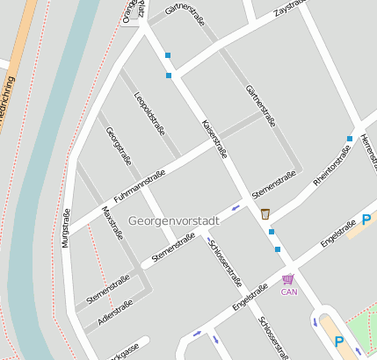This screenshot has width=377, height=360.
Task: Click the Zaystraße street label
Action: coord(291,10)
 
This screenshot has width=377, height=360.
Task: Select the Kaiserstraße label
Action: coord(215,138)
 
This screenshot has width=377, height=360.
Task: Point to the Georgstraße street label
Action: coord(119,148)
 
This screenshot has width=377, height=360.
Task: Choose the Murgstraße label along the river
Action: coord(66,244)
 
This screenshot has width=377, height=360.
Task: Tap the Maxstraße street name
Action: coord(112,223)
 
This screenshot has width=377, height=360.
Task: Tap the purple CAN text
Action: coord(289,292)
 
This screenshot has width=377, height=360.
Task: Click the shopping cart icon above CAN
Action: coord(288,279)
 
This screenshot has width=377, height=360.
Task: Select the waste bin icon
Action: coord(265,213)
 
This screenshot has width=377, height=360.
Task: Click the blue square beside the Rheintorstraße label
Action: coord(350,139)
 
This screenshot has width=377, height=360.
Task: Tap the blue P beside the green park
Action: coord(338,342)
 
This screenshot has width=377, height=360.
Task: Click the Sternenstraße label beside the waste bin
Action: coord(271,185)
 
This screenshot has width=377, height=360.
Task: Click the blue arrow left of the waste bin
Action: coord(236,208)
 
